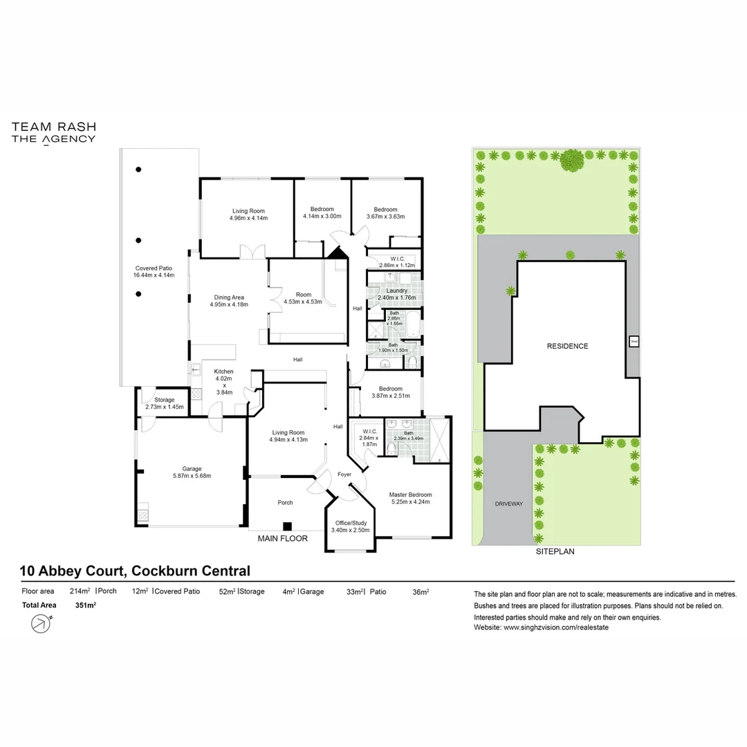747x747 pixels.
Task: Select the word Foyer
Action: click(x=344, y=474)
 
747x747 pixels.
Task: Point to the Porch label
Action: click(x=285, y=503)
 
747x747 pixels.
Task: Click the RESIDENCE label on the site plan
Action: click(x=567, y=346)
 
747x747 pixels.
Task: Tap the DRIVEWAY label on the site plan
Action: click(x=509, y=504)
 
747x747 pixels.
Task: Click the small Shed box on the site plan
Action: click(x=633, y=341)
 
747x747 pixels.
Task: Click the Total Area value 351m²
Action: click(x=85, y=605)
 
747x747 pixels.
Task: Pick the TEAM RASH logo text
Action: click(x=53, y=127)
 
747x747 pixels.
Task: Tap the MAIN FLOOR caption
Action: click(x=282, y=538)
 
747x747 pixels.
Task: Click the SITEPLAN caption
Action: click(x=555, y=552)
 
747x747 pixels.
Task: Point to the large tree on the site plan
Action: click(x=571, y=161)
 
